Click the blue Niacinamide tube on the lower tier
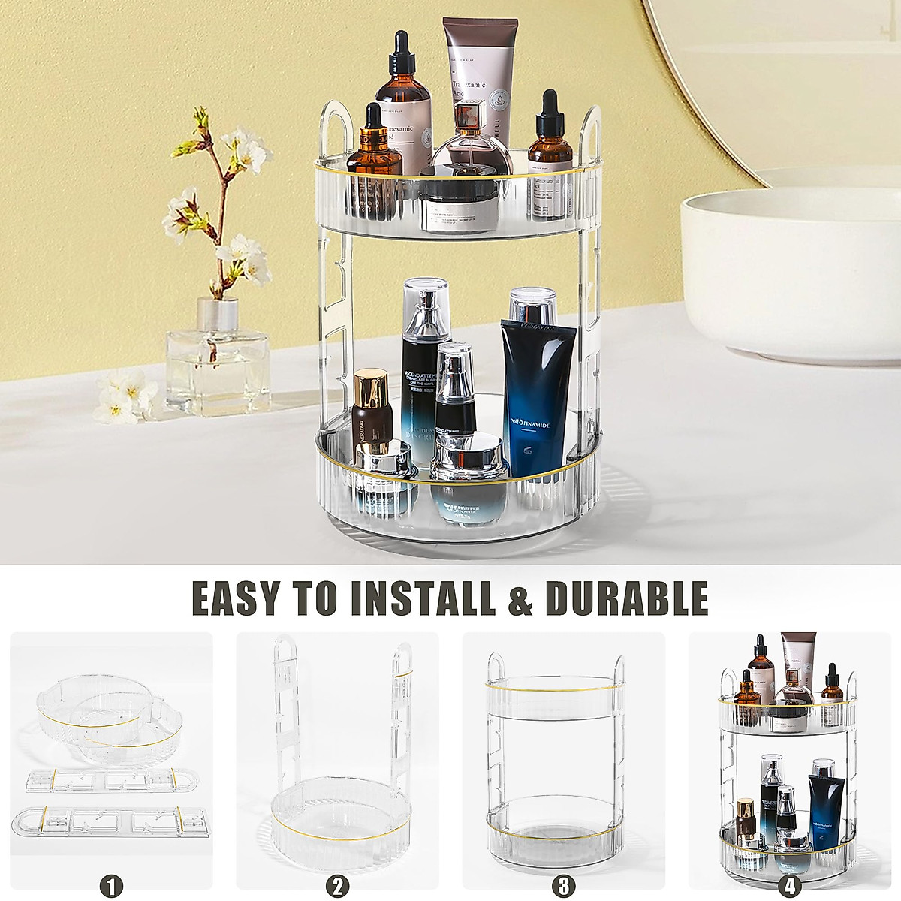pos(537,398)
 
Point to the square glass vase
pos(217,360)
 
